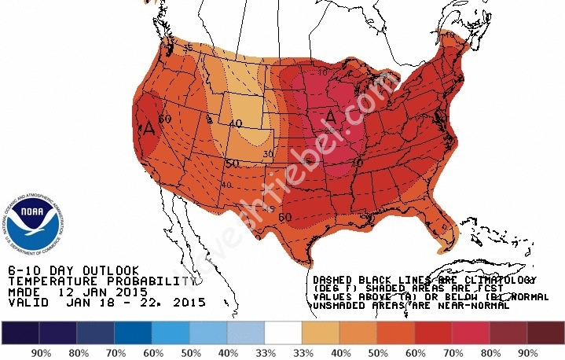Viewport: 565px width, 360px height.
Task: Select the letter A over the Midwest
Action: pyautogui.click(x=331, y=117)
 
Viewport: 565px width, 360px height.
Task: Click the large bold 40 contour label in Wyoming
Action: pyautogui.click(x=235, y=123)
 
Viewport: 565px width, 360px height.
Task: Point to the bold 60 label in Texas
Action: pyautogui.click(x=284, y=217)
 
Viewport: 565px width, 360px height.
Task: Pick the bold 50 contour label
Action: pyautogui.click(x=231, y=163)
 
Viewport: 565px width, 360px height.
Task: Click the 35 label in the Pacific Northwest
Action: pyautogui.click(x=188, y=48)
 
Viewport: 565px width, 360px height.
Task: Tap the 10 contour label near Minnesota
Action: pyautogui.click(x=322, y=73)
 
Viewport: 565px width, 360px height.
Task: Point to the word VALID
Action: pyautogui.click(x=25, y=302)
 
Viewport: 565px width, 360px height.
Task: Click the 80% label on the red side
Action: pyautogui.click(x=490, y=353)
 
